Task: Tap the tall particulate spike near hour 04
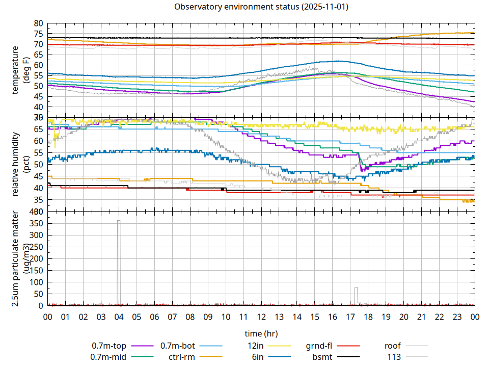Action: pyautogui.click(x=119, y=255)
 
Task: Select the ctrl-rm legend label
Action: pyautogui.click(x=182, y=357)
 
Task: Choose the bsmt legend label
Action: pyautogui.click(x=322, y=357)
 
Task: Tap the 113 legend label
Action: pyautogui.click(x=394, y=357)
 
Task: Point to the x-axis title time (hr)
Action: pyautogui.click(x=261, y=334)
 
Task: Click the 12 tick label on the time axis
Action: pyautogui.click(x=261, y=317)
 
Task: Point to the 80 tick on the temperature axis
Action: pyautogui.click(x=39, y=23)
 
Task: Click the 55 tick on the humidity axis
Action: pyautogui.click(x=39, y=153)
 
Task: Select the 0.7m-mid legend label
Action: pyautogui.click(x=108, y=357)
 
